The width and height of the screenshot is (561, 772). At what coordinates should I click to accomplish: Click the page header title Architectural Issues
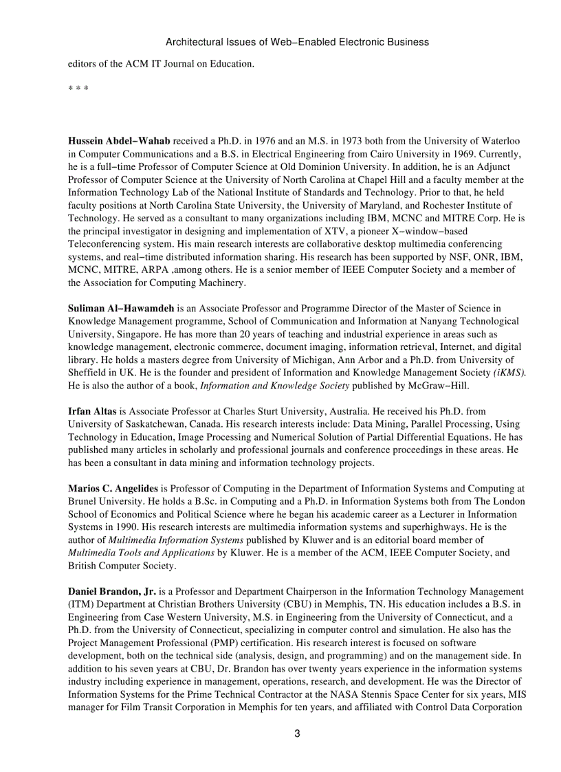(297, 42)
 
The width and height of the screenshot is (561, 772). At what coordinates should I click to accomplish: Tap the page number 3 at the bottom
(297, 734)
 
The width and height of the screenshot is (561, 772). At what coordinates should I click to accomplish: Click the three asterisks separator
(78, 89)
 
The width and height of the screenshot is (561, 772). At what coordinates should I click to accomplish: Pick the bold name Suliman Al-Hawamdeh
(121, 308)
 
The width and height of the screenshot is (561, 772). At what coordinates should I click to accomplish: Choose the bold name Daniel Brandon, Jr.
(112, 591)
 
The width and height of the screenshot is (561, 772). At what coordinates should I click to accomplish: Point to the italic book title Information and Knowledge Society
(272, 386)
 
